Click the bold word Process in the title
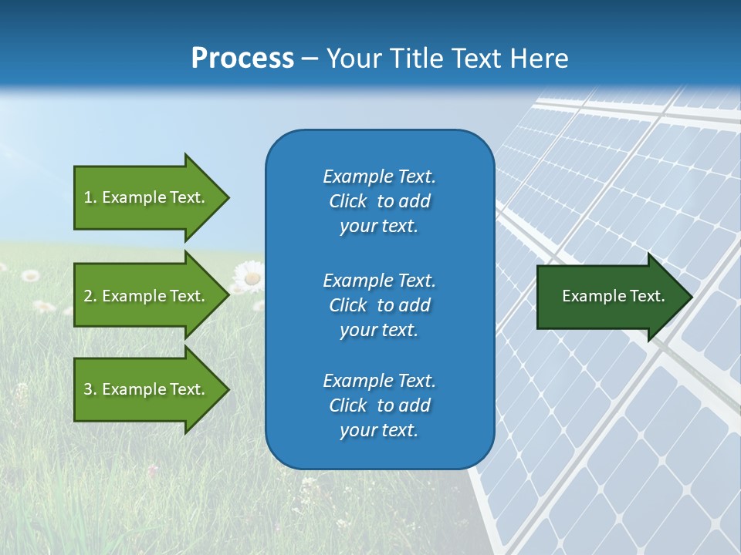(242, 59)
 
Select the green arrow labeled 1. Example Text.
(147, 197)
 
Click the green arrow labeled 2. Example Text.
(147, 296)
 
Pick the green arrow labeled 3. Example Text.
(147, 389)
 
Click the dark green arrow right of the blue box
(610, 296)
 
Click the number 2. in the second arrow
(90, 296)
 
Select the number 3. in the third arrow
(90, 389)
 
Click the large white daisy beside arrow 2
(248, 277)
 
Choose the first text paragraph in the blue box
(379, 201)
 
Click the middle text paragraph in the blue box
(379, 305)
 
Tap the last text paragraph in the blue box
(379, 405)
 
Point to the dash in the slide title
(310, 59)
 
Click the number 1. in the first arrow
(90, 197)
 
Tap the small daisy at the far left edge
(30, 275)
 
